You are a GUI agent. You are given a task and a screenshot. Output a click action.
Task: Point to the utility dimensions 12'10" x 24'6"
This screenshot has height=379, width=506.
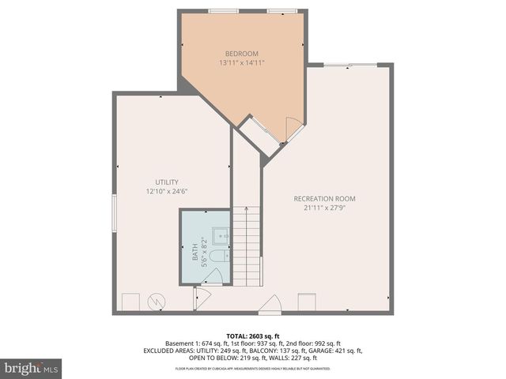coord(166,192)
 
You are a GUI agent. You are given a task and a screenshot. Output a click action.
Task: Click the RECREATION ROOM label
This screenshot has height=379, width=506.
coord(324,198)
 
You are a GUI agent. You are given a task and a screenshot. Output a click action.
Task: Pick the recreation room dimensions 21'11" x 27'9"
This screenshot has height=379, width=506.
coord(325,208)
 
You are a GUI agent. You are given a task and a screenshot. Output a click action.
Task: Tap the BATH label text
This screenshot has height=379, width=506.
coord(195,253)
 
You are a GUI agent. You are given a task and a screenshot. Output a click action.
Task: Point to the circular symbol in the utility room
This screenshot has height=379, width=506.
coord(157,302)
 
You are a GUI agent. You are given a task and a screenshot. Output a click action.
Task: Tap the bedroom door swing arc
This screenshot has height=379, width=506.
coord(293,127)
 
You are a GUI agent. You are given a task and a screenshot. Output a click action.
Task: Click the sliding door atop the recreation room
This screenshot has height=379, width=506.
coord(349,65)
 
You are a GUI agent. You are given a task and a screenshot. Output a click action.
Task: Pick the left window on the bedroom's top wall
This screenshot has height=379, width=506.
coord(223,11)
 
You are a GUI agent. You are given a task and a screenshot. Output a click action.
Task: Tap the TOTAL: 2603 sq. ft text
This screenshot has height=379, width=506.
coord(252,336)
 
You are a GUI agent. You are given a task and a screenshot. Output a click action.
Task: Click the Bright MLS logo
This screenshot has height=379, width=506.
coord(32,367)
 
